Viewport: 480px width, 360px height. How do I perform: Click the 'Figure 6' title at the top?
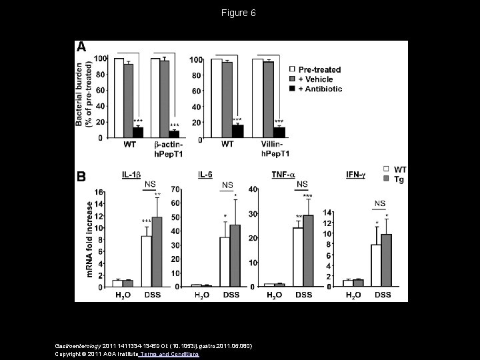(240, 13)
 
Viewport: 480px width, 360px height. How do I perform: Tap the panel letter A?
(81, 47)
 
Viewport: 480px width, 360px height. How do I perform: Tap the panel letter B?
(81, 178)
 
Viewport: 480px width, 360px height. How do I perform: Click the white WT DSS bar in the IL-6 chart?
(225, 262)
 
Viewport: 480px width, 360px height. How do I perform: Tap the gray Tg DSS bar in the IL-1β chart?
(157, 252)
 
